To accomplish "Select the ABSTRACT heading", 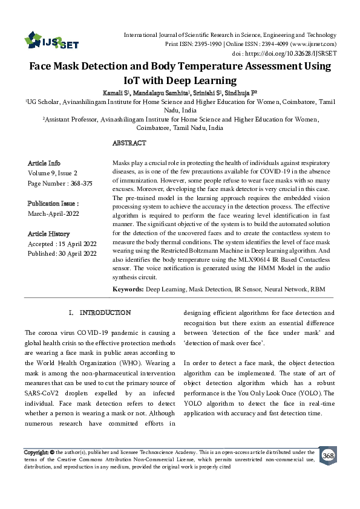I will click(x=129, y=143).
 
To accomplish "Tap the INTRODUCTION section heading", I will click(x=105, y=313).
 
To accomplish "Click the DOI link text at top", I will click(x=300, y=53).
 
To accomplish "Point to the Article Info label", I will click(x=44, y=163).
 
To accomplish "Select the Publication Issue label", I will click(x=53, y=204).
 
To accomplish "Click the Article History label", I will click(x=49, y=233).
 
